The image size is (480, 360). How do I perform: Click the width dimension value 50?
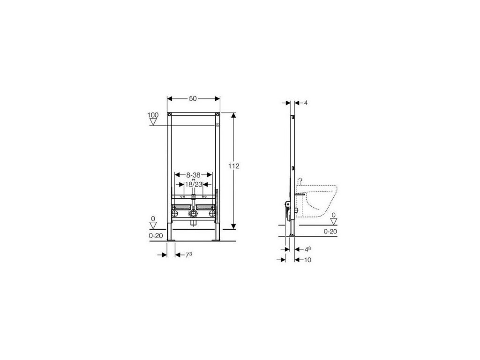pos(193,98)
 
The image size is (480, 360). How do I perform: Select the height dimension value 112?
pos(234,166)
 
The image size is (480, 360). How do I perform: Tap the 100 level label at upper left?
pos(153,115)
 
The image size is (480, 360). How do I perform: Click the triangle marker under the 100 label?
pos(153,122)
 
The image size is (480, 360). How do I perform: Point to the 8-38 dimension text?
pos(193,175)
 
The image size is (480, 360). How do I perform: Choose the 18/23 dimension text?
pos(194,184)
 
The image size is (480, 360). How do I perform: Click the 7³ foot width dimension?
pos(188,255)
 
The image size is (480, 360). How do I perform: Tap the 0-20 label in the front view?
pos(156,236)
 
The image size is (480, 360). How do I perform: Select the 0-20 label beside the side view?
pos(330,232)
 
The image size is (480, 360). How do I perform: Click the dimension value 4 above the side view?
pos(306,103)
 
